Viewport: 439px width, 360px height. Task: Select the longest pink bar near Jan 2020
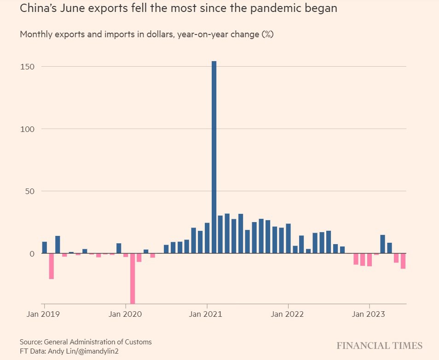pos(133,278)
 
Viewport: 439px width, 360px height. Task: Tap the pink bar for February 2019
pos(52,266)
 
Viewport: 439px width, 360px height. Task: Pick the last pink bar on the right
pos(403,261)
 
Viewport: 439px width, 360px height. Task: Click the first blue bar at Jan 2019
pos(45,247)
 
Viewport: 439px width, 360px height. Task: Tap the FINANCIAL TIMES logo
pos(379,346)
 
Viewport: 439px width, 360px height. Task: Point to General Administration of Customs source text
pos(98,342)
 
